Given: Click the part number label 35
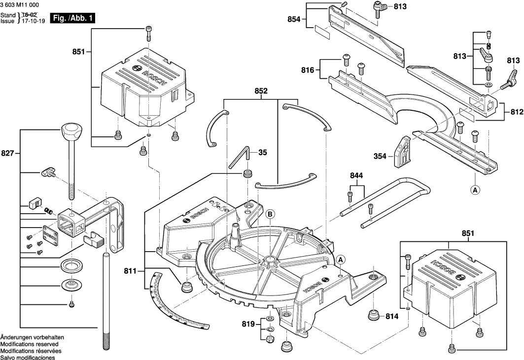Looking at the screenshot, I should tap(263, 153).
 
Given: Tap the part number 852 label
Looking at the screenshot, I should tap(261, 91).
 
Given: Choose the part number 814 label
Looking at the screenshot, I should tap(391, 316).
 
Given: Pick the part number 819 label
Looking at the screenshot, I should tap(249, 325).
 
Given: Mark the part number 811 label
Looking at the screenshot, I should tap(130, 271).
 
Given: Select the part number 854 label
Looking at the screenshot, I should tap(295, 19).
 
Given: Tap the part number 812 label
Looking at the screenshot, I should tap(517, 112).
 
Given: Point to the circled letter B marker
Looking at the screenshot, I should tap(270, 214).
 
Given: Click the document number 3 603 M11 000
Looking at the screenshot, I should tap(20, 4).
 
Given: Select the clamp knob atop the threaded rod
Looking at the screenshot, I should tap(72, 132).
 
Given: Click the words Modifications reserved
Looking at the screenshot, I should tap(29, 344).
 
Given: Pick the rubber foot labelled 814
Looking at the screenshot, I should tap(373, 315).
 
